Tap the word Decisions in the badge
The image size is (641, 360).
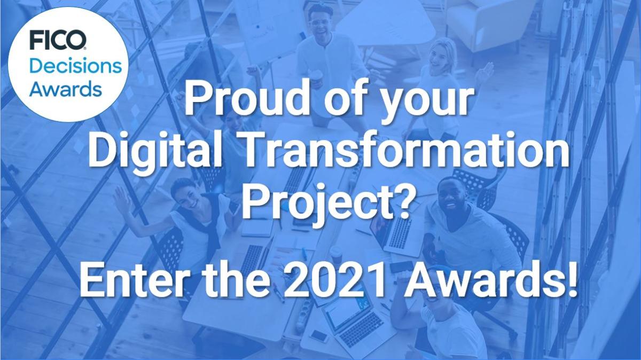pos(76,67)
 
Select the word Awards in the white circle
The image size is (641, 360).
pos(66,89)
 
